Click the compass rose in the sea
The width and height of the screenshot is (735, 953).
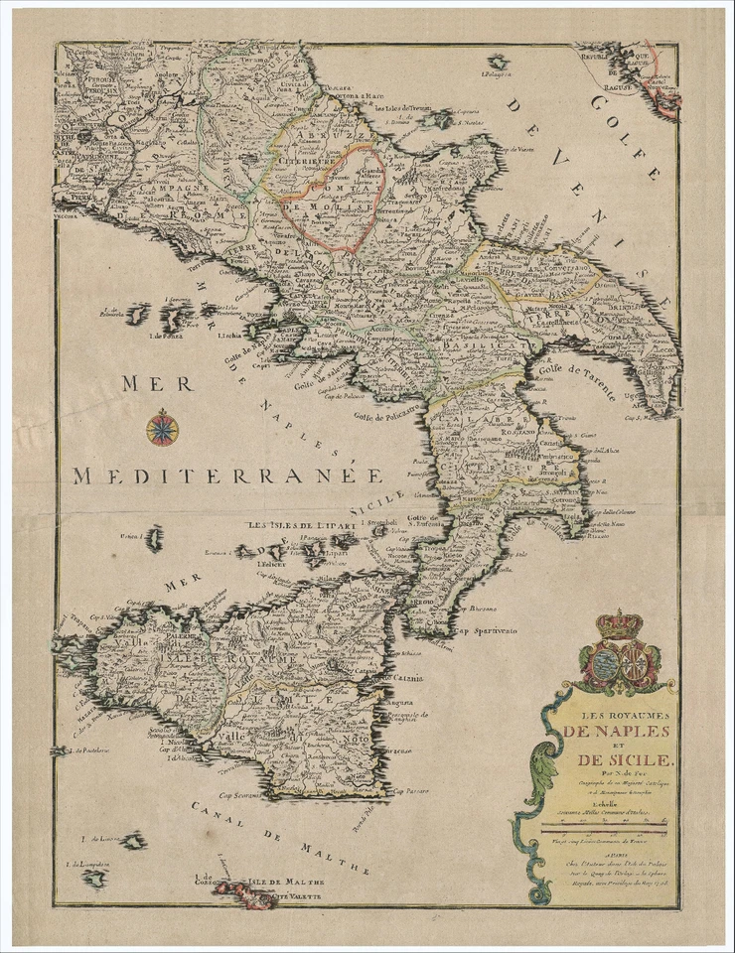(162, 427)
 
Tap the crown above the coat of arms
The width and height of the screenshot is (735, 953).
(619, 624)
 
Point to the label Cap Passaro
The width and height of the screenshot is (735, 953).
(410, 791)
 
